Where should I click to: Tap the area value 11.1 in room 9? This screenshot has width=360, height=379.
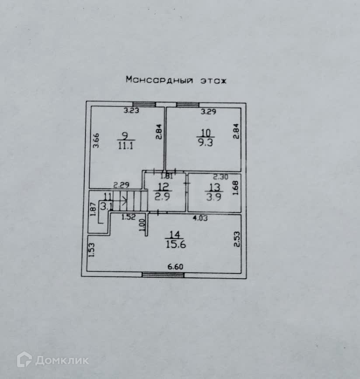click(x=126, y=146)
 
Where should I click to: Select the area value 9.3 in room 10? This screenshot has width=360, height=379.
click(x=205, y=143)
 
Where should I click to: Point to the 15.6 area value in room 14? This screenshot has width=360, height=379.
click(x=176, y=245)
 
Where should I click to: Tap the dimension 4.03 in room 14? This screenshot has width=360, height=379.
click(x=201, y=217)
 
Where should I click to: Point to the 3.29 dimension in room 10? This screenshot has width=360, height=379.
click(x=208, y=112)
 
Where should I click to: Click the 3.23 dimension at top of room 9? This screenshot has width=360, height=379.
click(x=131, y=111)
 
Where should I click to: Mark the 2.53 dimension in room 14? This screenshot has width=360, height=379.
click(x=237, y=239)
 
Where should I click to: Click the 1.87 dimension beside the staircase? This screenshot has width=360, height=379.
click(x=93, y=209)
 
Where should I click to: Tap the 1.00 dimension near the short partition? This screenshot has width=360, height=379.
click(x=141, y=225)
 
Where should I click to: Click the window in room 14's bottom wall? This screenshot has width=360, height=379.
click(x=163, y=275)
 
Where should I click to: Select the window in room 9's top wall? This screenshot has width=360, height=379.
click(x=144, y=104)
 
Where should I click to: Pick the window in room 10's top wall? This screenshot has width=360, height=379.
click(x=188, y=104)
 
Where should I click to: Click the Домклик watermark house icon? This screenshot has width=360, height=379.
click(x=24, y=359)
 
